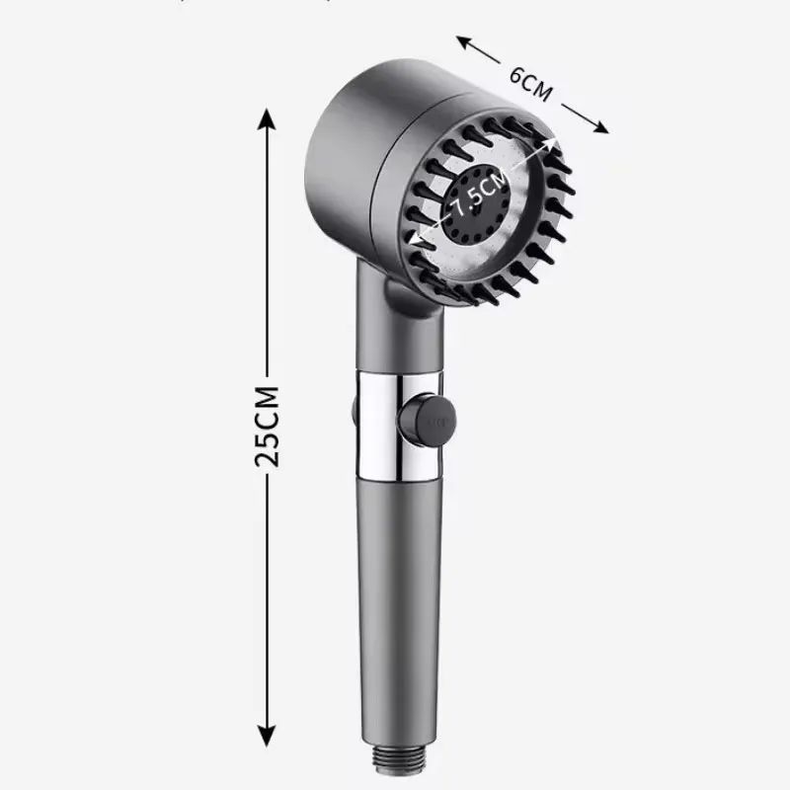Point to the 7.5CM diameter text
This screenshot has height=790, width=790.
click(x=481, y=195)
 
